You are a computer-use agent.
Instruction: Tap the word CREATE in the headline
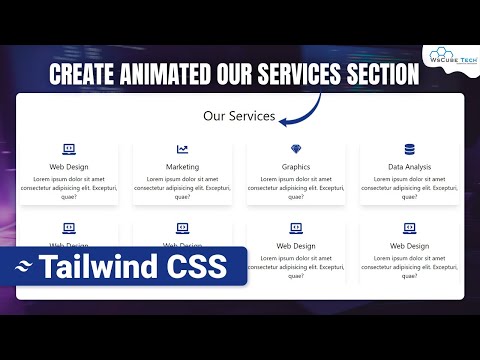click(x=83, y=74)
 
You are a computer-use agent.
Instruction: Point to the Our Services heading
click(x=239, y=116)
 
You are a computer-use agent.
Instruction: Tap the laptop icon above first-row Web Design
click(x=69, y=149)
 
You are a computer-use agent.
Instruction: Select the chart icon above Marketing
click(x=182, y=149)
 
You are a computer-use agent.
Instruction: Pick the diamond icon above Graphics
click(x=296, y=149)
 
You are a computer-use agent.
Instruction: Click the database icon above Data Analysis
click(x=409, y=149)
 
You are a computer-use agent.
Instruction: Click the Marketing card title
click(x=182, y=167)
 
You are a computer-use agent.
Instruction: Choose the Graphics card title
click(x=296, y=167)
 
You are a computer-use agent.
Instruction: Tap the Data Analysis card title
click(x=409, y=167)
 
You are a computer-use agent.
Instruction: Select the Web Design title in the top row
click(x=69, y=167)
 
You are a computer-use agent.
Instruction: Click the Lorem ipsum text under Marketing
click(x=182, y=187)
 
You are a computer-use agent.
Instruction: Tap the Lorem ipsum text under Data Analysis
click(x=409, y=187)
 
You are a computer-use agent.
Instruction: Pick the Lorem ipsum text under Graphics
click(x=296, y=187)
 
